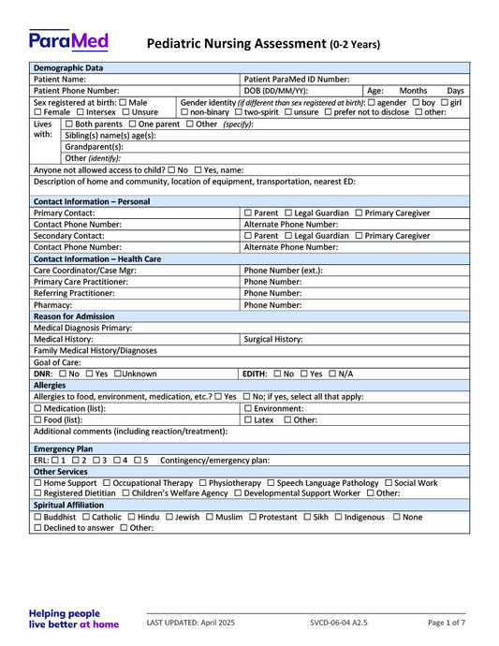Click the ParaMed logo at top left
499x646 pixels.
point(68,40)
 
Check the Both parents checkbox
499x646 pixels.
point(68,125)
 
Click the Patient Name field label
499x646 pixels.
point(60,80)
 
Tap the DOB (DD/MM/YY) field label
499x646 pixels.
point(275,91)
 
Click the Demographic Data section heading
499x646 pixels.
point(68,68)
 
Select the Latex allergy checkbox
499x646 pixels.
point(248,419)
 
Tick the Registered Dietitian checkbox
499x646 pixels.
point(37,493)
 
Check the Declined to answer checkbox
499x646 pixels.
point(37,528)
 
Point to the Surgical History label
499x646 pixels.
point(272,339)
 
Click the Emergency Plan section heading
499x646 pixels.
point(63,448)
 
